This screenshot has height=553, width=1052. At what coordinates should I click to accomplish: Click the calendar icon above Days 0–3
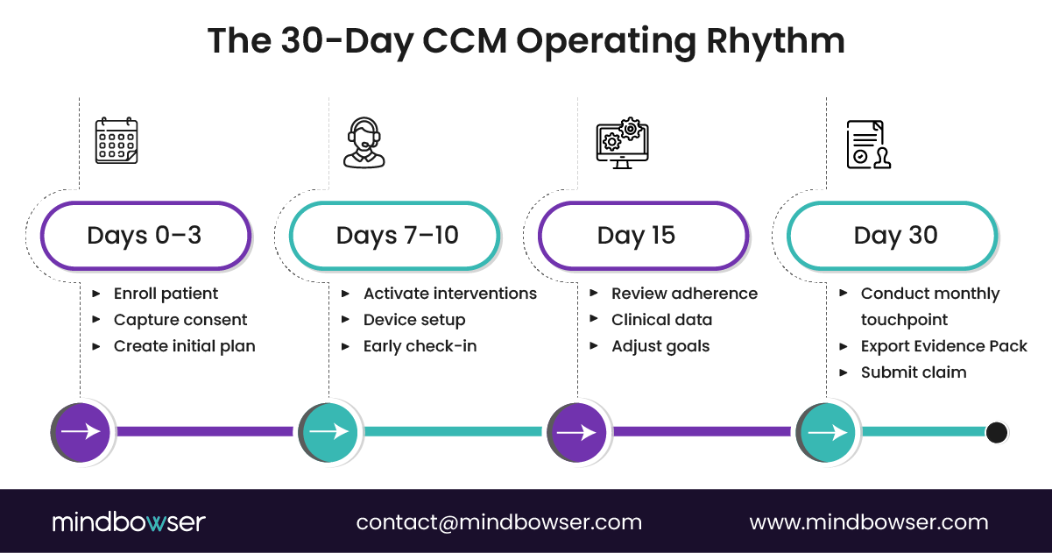pyautogui.click(x=116, y=141)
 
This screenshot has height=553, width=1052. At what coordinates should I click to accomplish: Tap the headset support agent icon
pyautogui.click(x=364, y=143)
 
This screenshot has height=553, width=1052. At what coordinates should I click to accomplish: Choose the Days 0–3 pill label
pyautogui.click(x=145, y=235)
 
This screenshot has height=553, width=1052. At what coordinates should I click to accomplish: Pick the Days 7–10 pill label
pyautogui.click(x=396, y=235)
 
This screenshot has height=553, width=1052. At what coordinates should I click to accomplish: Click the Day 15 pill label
pyautogui.click(x=643, y=235)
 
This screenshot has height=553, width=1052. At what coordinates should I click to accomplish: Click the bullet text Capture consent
pyautogui.click(x=180, y=320)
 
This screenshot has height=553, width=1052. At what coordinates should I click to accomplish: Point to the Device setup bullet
pyautogui.click(x=414, y=320)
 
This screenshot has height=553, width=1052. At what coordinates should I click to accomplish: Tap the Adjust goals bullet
pyautogui.click(x=660, y=346)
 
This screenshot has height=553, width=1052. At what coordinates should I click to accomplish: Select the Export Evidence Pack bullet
pyautogui.click(x=943, y=346)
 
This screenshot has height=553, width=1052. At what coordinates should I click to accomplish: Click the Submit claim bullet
pyautogui.click(x=914, y=372)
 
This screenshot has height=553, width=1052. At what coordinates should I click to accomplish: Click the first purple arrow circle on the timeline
pyautogui.click(x=82, y=432)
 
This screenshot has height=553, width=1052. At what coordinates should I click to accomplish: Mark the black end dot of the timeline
pyautogui.click(x=996, y=432)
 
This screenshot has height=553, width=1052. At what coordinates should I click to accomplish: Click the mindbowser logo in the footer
pyautogui.click(x=128, y=522)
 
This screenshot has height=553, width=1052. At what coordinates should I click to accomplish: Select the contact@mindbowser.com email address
pyautogui.click(x=498, y=522)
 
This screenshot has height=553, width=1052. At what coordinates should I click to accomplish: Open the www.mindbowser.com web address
pyautogui.click(x=868, y=522)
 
